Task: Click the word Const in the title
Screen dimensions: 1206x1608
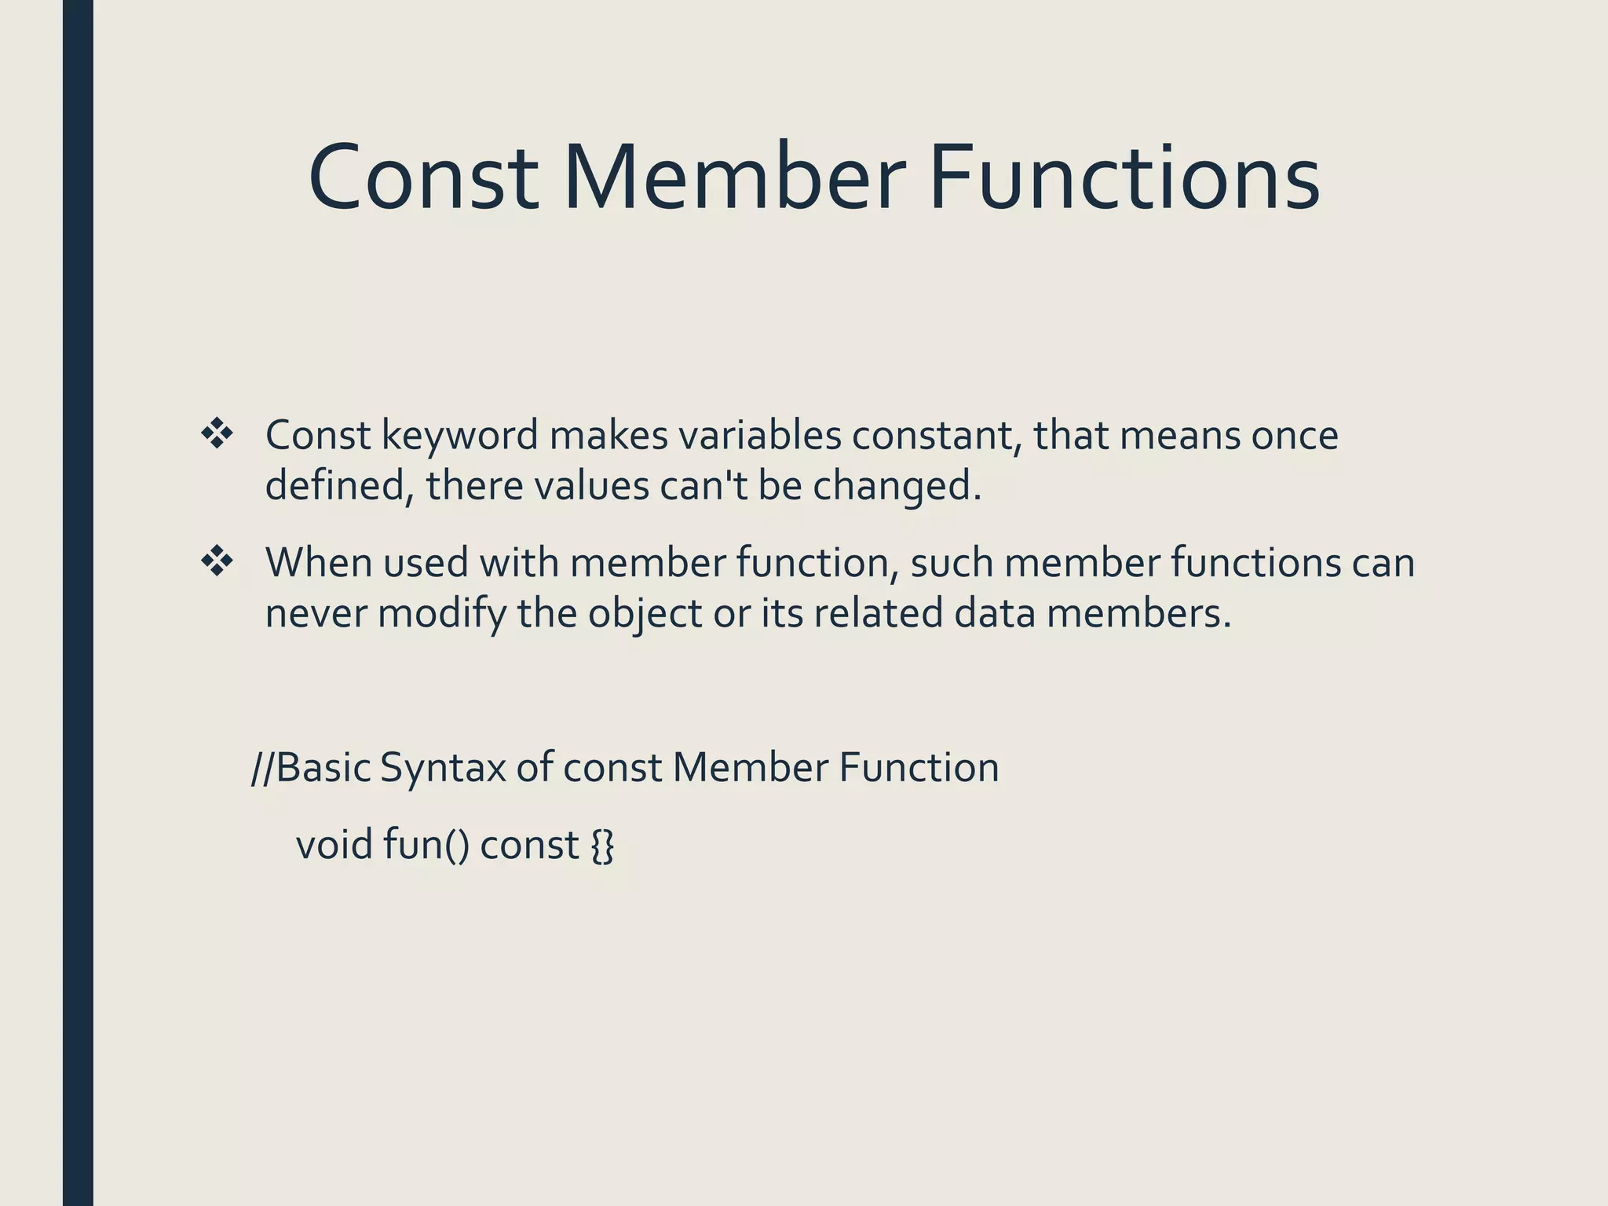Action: (x=423, y=179)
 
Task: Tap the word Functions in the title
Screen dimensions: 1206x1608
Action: (x=1124, y=179)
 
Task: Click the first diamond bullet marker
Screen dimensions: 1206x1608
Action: (x=217, y=435)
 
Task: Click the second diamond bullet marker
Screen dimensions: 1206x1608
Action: (x=217, y=562)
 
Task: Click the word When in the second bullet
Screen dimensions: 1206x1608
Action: (x=317, y=562)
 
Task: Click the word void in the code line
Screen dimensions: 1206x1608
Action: (x=334, y=846)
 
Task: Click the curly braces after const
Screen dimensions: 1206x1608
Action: (x=602, y=846)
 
